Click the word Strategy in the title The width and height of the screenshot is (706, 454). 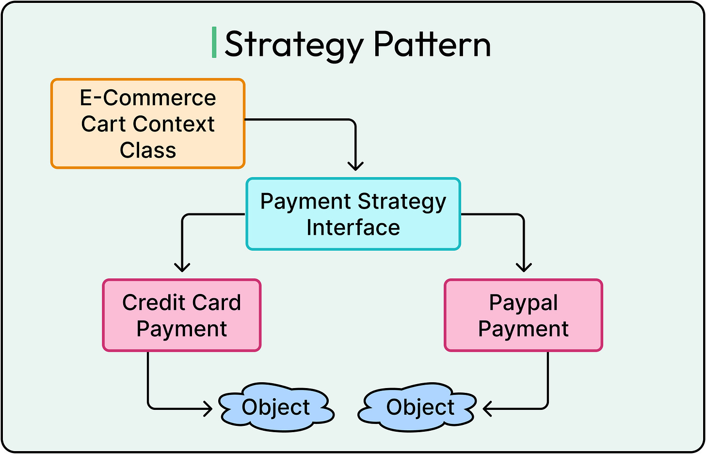294,45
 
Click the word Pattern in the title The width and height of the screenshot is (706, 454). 432,45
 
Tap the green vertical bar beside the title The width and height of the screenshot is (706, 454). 214,43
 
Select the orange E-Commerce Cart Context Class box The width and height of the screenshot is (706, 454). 148,124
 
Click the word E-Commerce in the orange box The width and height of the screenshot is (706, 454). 148,98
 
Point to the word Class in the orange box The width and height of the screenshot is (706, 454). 148,150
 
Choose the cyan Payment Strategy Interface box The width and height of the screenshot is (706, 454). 353,214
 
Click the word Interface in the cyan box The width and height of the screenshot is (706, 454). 353,227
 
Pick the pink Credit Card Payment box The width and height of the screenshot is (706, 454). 182,315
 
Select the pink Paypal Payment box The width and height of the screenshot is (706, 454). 523,315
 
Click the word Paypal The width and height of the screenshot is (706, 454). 523,303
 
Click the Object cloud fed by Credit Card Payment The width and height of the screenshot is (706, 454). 276,407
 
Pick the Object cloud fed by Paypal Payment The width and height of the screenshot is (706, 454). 420,407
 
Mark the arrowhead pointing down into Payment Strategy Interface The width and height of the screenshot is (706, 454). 355,166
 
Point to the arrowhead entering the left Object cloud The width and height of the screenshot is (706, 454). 209,409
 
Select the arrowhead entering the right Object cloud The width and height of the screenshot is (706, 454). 487,409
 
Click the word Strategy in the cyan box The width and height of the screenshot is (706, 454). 402,202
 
